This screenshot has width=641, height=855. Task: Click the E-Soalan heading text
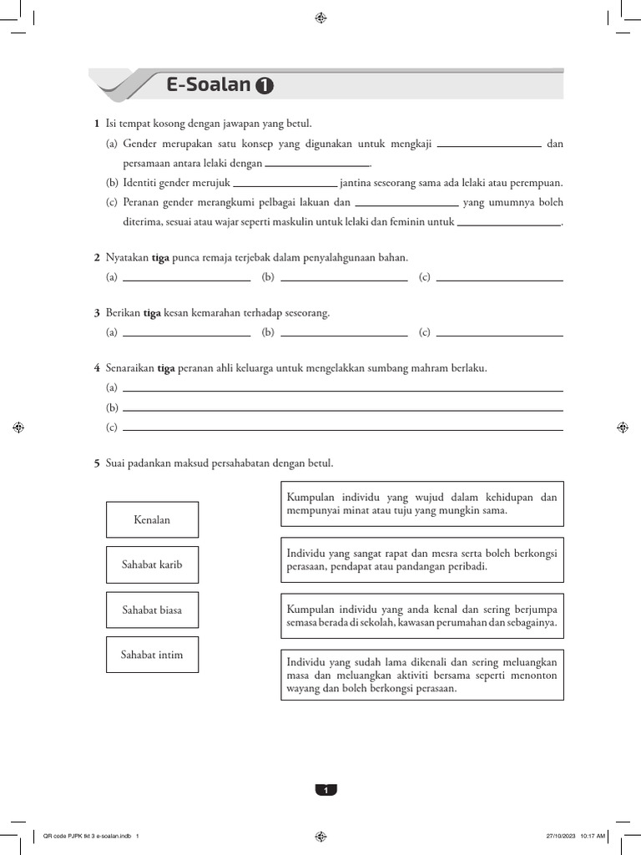point(209,84)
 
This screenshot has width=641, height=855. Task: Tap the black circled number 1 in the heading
point(265,86)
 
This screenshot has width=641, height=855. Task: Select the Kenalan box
point(152,519)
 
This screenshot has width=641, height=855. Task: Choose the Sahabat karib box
point(152,564)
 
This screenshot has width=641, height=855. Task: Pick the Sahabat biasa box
point(152,610)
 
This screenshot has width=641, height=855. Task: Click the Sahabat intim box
point(152,655)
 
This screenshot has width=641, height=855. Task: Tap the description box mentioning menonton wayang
point(422,675)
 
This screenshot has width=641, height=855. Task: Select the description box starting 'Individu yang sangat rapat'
point(422,559)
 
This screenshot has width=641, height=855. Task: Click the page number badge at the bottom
point(326,790)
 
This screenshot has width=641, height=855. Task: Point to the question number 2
point(97,257)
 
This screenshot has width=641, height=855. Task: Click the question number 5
point(97,463)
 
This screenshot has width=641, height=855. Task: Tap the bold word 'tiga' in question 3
point(152,313)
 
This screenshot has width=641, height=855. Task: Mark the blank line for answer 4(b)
point(342,410)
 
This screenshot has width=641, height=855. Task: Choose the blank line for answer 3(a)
point(186,335)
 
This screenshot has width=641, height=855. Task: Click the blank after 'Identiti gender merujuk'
point(285,185)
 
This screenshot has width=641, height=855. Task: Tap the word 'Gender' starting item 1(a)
point(139,144)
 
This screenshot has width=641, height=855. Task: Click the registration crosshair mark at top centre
point(320,18)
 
